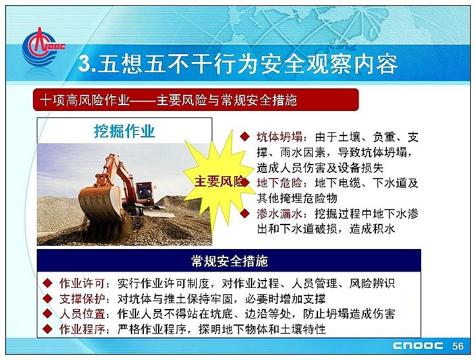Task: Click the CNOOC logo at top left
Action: [43, 48]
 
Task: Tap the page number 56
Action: [458, 346]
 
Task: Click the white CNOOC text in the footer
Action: [418, 346]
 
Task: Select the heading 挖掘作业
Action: [124, 131]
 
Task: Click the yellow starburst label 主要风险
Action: [219, 181]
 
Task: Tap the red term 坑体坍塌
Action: [279, 137]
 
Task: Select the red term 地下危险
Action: [279, 183]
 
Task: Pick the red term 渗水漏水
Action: [279, 214]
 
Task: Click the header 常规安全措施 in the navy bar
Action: [229, 261]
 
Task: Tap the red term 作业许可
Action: [82, 283]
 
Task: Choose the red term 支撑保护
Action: [82, 299]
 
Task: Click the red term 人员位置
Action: [82, 314]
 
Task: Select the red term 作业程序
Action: [82, 329]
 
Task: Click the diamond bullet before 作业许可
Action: [47, 283]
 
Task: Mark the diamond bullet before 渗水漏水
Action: [244, 214]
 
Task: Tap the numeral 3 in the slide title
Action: [84, 64]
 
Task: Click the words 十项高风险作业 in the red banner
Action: [85, 100]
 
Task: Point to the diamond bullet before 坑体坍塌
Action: [244, 137]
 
